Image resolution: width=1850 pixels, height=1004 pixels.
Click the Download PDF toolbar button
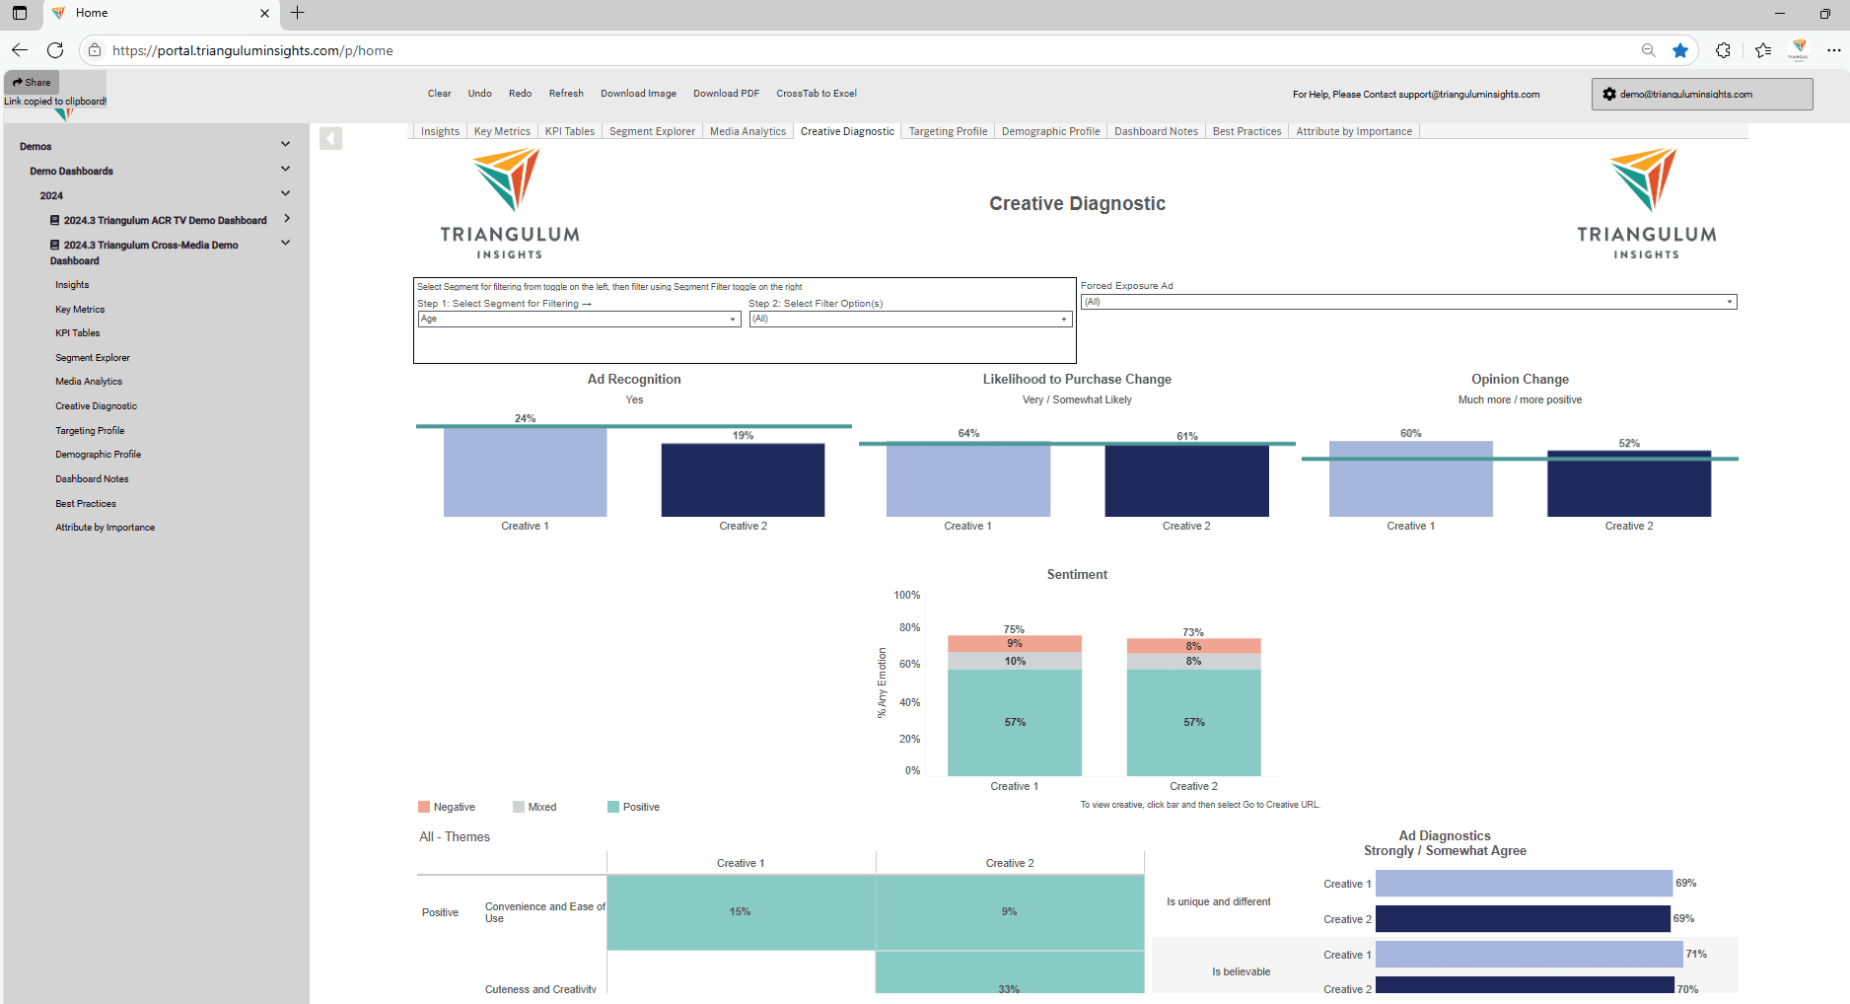pos(726,94)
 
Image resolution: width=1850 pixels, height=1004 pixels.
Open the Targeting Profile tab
pos(947,131)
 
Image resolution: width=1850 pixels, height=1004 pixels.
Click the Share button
pos(32,82)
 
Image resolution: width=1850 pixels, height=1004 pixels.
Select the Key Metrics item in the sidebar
pos(80,310)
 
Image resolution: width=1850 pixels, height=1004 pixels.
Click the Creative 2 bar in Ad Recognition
pos(743,480)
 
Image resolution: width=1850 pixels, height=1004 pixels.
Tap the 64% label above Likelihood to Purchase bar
pos(968,433)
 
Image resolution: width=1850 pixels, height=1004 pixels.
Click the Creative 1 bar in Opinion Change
pos(1410,479)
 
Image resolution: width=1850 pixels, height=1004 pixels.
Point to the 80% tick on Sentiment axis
pos(909,627)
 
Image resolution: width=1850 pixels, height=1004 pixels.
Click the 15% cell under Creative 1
pos(741,912)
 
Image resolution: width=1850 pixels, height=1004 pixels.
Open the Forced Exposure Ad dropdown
pos(1408,302)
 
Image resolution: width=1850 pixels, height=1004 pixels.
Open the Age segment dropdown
pos(579,319)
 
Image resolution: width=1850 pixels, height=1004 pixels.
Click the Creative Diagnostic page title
pos(1077,203)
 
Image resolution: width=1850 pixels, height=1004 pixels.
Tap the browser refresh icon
pos(55,50)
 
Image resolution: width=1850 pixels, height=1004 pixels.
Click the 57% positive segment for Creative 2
pos(1193,723)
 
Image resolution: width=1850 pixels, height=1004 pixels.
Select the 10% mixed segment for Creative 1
pos(1015,661)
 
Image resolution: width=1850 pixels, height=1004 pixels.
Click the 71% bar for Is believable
pos(1529,954)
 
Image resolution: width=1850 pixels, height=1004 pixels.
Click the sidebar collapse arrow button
pos(330,139)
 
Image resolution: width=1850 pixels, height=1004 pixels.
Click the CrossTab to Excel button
pos(816,94)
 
